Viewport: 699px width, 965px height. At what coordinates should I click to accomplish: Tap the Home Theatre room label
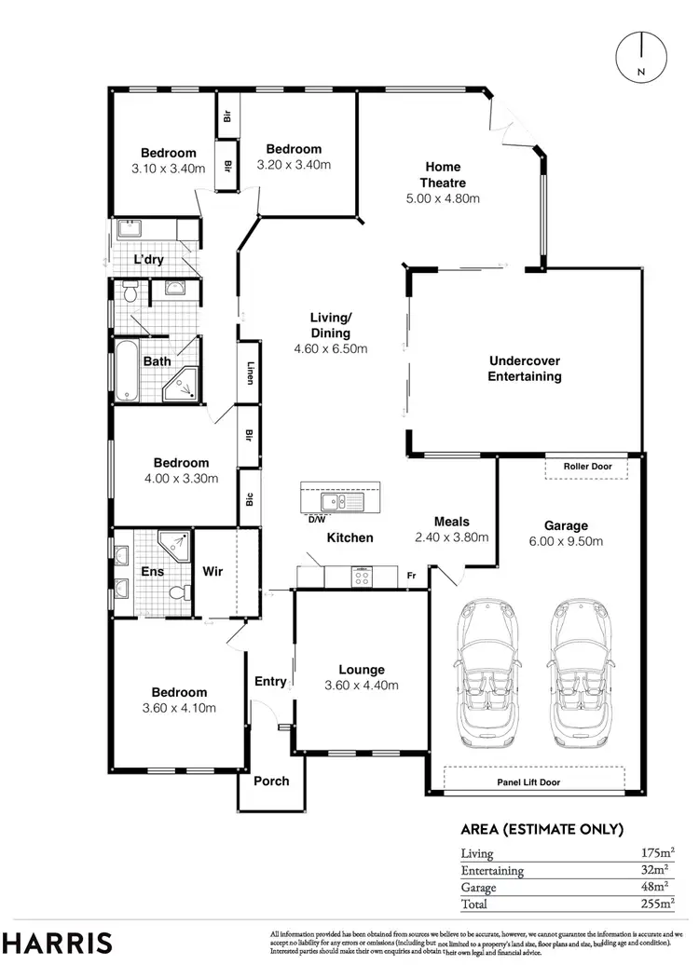pyautogui.click(x=442, y=175)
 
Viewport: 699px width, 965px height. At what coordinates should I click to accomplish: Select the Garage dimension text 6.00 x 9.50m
pyautogui.click(x=567, y=541)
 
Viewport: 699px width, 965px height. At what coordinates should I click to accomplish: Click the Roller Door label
pyautogui.click(x=586, y=465)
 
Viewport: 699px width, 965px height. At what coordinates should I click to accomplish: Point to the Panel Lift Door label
pyautogui.click(x=535, y=782)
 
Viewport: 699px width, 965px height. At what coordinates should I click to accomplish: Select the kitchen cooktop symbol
pyautogui.click(x=362, y=578)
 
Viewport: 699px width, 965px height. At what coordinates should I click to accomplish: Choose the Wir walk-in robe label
pyautogui.click(x=212, y=572)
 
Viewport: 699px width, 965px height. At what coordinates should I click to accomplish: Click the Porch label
pyautogui.click(x=271, y=781)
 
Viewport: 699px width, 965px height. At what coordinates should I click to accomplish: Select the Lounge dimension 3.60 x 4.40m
pyautogui.click(x=362, y=686)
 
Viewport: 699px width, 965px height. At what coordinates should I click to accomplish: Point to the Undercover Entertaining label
pyautogui.click(x=525, y=369)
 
